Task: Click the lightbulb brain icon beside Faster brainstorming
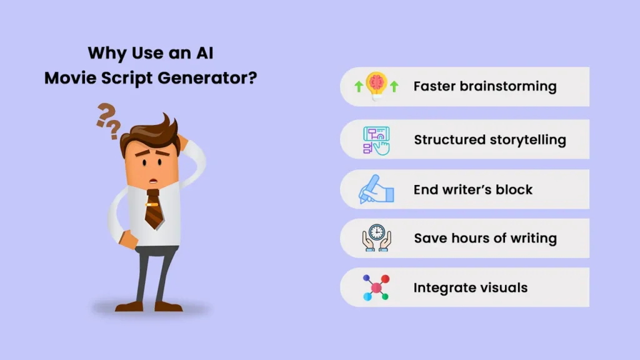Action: (376, 86)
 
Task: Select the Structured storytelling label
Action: (489, 139)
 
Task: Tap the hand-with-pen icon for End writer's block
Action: (376, 189)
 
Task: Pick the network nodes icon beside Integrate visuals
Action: (376, 287)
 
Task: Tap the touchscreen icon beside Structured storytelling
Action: (376, 139)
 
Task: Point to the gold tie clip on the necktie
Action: (152, 204)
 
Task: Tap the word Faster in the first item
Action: (434, 86)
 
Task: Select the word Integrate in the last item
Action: (441, 288)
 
